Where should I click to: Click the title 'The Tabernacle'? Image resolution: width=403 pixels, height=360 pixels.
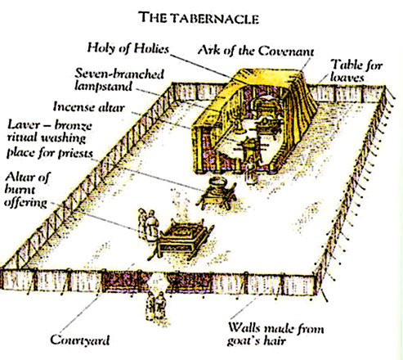pos(199,18)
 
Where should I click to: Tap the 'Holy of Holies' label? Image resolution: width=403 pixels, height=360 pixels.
pos(128,48)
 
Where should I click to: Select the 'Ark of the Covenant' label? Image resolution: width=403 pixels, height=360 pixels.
pos(256,51)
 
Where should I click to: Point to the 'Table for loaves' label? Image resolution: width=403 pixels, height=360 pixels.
pos(356,71)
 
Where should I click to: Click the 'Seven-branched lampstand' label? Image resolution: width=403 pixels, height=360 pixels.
pos(119,79)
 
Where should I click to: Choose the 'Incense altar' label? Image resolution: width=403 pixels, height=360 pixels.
pos(89,106)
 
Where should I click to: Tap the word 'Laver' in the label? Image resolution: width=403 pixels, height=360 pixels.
pos(24,125)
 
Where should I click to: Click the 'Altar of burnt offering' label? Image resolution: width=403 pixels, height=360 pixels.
pos(27,190)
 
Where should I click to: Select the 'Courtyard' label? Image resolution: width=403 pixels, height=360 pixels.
pos(80,340)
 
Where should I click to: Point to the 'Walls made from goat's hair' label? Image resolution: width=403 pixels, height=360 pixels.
pos(275,334)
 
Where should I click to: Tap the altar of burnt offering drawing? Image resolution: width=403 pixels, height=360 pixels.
pos(181,239)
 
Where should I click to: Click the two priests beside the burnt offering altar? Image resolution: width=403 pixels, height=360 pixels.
pos(148,224)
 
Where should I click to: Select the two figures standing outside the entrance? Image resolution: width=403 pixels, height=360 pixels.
pos(155,306)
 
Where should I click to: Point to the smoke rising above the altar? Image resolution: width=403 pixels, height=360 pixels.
pos(181,203)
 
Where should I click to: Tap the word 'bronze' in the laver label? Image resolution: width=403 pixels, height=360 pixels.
pos(73,125)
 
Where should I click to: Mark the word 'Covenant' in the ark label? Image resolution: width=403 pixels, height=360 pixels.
pos(286,51)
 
